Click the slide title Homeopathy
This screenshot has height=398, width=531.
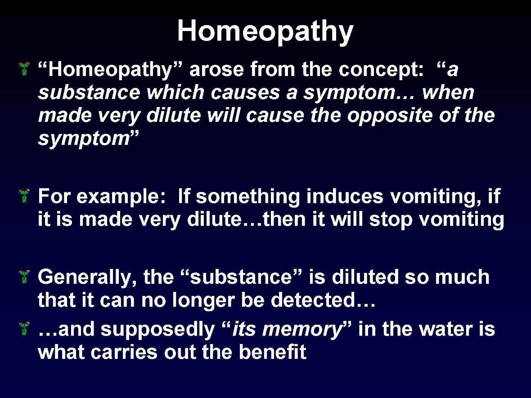(x=265, y=31)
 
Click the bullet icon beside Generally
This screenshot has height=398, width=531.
(x=25, y=275)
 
